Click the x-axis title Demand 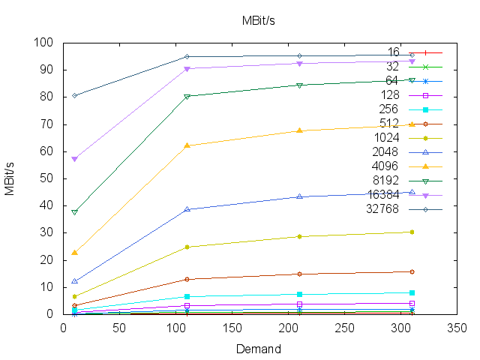(x=258, y=349)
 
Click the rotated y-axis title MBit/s (x=10, y=178)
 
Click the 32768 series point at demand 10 (x=74, y=95)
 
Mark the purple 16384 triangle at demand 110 (x=187, y=69)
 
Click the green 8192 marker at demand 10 (x=74, y=212)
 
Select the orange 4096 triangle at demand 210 (x=299, y=130)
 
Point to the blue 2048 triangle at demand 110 (x=187, y=209)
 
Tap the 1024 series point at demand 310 (x=412, y=232)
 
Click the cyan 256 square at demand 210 (x=299, y=294)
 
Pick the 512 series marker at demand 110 (x=187, y=279)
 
